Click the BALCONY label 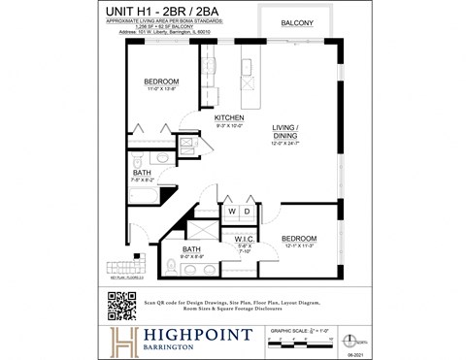click(296, 22)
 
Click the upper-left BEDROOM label click(161, 82)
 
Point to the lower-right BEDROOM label click(299, 238)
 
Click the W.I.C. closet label click(245, 238)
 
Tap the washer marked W click(232, 212)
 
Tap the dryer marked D click(248, 212)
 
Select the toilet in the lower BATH click(171, 265)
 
